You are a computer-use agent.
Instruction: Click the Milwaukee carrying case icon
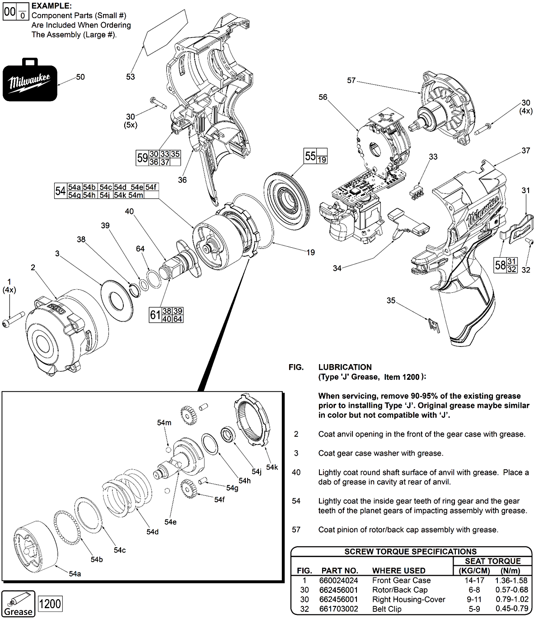tap(30, 82)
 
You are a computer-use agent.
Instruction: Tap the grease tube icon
tap(19, 604)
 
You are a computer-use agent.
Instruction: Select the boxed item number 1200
tap(50, 603)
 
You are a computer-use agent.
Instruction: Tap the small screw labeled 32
tap(528, 242)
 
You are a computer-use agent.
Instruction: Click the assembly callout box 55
tap(315, 156)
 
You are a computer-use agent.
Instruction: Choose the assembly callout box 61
tap(166, 314)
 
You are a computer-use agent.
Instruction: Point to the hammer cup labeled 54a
tap(36, 546)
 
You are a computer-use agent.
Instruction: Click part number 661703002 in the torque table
tap(338, 609)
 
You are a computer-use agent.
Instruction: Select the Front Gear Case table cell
tap(401, 581)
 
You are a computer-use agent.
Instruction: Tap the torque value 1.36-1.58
tap(511, 581)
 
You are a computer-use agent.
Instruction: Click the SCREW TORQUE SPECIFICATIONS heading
tap(410, 551)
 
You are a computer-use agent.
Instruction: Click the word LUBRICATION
tap(345, 367)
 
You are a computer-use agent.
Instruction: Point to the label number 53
tap(131, 77)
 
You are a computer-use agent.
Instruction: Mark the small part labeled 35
tap(433, 325)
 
